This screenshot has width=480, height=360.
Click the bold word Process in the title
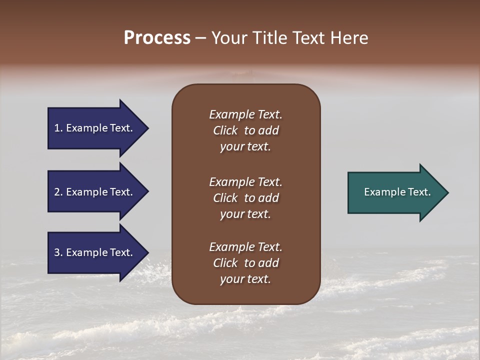(157, 38)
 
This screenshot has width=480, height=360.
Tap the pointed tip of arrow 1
(147, 128)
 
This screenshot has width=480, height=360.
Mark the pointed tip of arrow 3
(147, 252)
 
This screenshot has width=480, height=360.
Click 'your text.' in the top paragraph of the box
(245, 147)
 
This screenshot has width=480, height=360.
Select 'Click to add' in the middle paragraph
(245, 198)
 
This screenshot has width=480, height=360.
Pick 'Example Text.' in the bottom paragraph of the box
(245, 247)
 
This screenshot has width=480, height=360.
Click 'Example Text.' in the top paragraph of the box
(245, 114)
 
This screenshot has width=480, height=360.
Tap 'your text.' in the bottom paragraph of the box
(245, 279)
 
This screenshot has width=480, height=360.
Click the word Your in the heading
(228, 38)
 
